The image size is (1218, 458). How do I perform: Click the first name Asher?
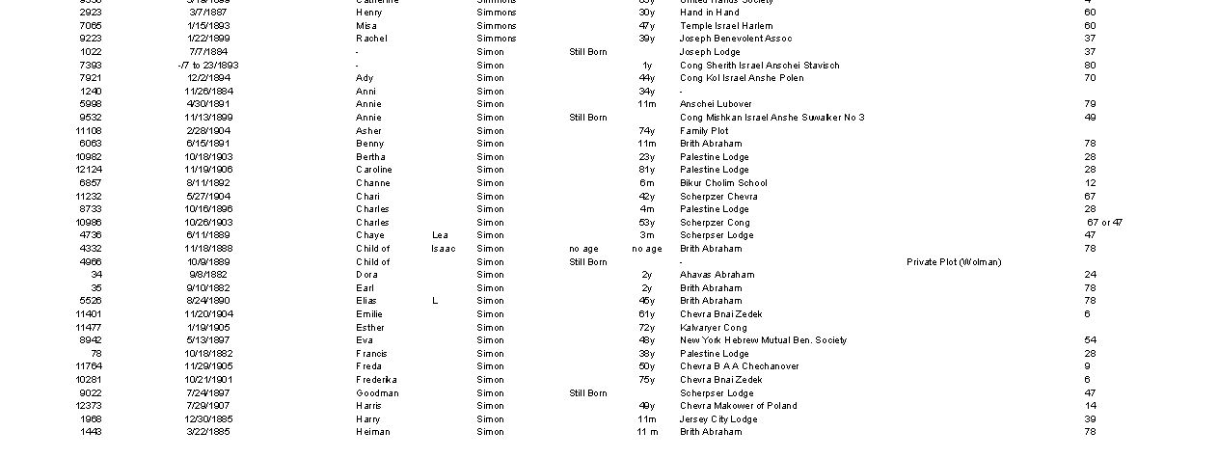pyautogui.click(x=368, y=131)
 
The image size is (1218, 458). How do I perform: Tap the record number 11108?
pyautogui.click(x=90, y=131)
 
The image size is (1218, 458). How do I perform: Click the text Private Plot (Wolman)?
pyautogui.click(x=953, y=262)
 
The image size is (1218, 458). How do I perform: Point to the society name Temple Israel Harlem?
pyautogui.click(x=725, y=26)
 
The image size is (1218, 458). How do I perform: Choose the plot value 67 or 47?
pyautogui.click(x=1104, y=223)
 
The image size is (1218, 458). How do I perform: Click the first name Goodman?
pyautogui.click(x=377, y=393)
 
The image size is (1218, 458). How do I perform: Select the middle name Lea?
pyautogui.click(x=440, y=235)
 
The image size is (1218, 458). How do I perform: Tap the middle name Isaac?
pyautogui.click(x=443, y=249)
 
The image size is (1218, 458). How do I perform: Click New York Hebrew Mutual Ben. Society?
pyautogui.click(x=763, y=340)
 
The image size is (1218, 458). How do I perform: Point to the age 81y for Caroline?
pyautogui.click(x=646, y=170)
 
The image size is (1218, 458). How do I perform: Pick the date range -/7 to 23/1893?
pyautogui.click(x=208, y=66)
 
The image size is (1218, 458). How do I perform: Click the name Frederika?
pyautogui.click(x=376, y=380)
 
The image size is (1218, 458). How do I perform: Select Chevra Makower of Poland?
pyautogui.click(x=738, y=406)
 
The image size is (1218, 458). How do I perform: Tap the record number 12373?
pyautogui.click(x=90, y=406)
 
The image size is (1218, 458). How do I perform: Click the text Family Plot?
pyautogui.click(x=704, y=131)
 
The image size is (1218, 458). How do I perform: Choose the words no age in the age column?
pyautogui.click(x=646, y=249)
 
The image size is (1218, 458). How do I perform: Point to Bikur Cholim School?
pyautogui.click(x=723, y=183)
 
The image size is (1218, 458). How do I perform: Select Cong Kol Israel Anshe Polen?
pyautogui.click(x=741, y=78)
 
